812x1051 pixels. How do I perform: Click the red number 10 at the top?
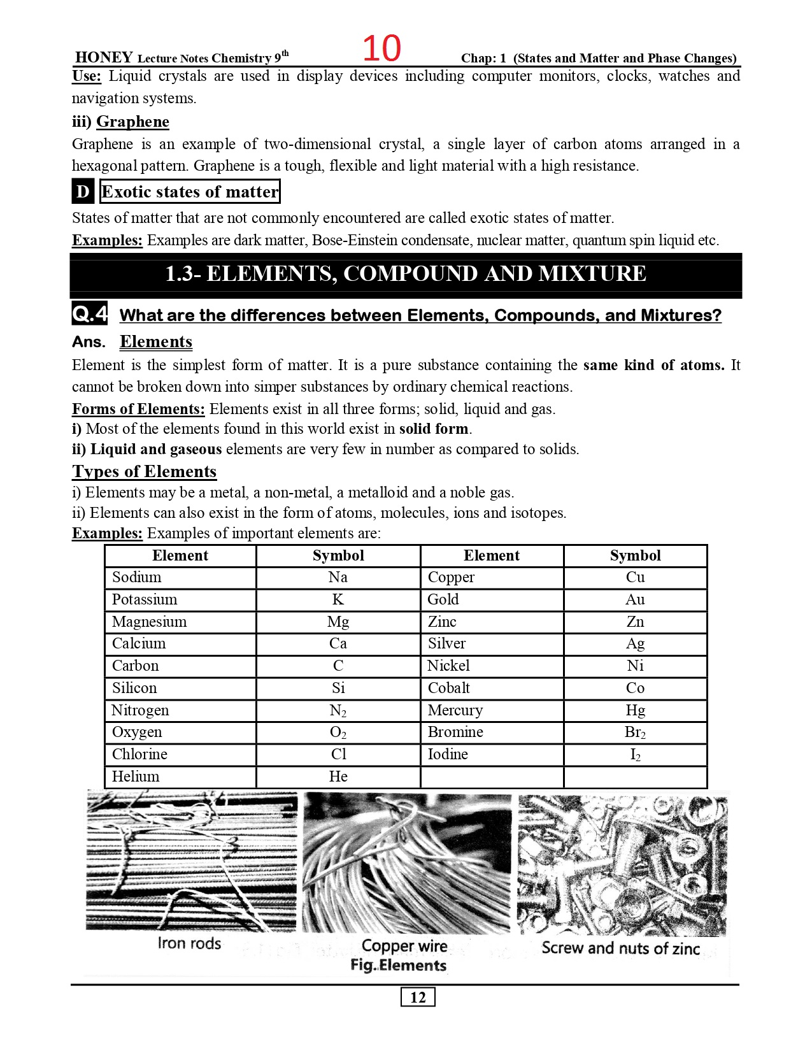pyautogui.click(x=381, y=48)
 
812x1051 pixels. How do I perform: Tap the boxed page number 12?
pyautogui.click(x=418, y=997)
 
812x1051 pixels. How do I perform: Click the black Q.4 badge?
pyautogui.click(x=89, y=313)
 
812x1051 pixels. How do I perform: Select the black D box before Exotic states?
pyautogui.click(x=83, y=192)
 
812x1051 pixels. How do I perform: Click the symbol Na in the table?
pyautogui.click(x=338, y=578)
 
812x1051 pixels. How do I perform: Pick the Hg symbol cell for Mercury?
pyautogui.click(x=635, y=710)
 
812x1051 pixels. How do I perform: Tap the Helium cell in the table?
pyautogui.click(x=136, y=776)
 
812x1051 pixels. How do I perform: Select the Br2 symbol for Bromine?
pyautogui.click(x=635, y=733)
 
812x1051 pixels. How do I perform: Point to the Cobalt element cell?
pyautogui.click(x=448, y=688)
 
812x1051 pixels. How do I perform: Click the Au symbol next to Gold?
pyautogui.click(x=635, y=599)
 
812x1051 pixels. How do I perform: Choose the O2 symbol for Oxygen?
pyautogui.click(x=338, y=733)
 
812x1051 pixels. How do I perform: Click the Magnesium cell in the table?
pyautogui.click(x=149, y=622)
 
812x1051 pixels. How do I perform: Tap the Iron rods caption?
pyautogui.click(x=189, y=943)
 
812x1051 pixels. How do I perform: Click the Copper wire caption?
pyautogui.click(x=404, y=946)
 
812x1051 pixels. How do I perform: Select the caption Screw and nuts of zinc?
pyautogui.click(x=620, y=948)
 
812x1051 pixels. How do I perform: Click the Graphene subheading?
pyautogui.click(x=132, y=122)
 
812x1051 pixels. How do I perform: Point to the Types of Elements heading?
pyautogui.click(x=144, y=471)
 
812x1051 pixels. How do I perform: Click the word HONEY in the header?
pyautogui.click(x=104, y=57)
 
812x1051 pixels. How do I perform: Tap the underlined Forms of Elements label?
pyautogui.click(x=138, y=409)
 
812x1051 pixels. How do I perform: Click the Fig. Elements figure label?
pyautogui.click(x=398, y=966)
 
